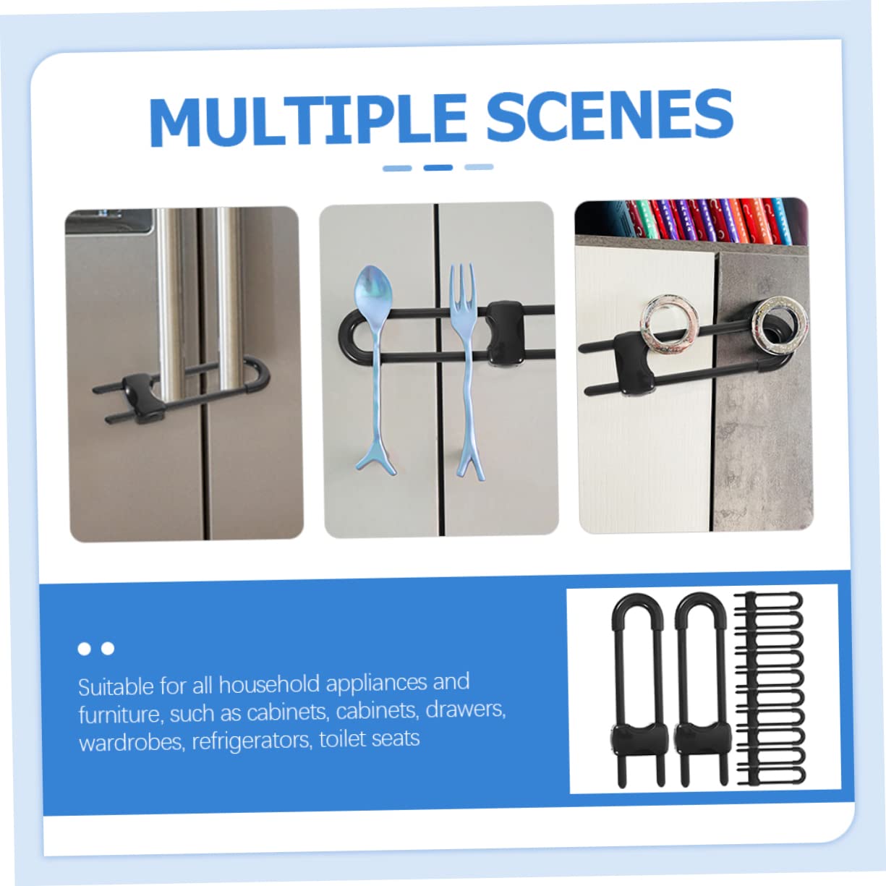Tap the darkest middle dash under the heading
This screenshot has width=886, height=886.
pos(438,167)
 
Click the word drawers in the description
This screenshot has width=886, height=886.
pos(465,710)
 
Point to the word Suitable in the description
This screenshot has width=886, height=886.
pos(116,687)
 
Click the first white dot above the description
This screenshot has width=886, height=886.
pos(84,649)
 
